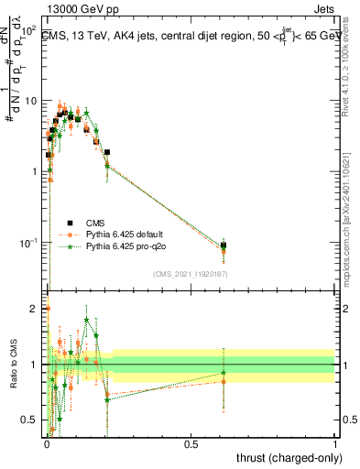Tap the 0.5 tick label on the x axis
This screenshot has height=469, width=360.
tap(191, 442)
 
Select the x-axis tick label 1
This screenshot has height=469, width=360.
tap(335, 442)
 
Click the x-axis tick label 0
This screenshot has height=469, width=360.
tap(48, 442)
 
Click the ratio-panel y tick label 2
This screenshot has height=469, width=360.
tap(35, 309)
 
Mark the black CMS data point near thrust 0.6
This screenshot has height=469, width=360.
tap(224, 245)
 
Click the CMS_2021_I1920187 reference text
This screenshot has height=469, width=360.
tap(191, 274)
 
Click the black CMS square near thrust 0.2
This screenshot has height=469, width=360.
tap(107, 152)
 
